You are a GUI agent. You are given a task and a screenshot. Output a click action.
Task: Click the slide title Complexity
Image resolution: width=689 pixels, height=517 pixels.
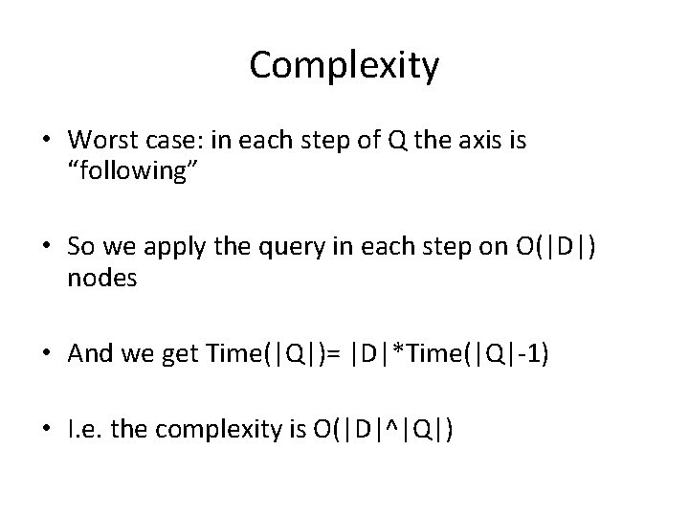[344, 66]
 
